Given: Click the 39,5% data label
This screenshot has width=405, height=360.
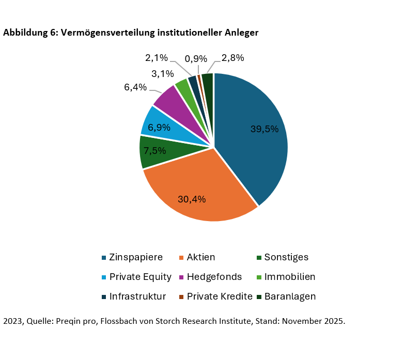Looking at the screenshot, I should click(x=264, y=129).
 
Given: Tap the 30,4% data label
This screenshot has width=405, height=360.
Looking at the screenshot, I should click(x=192, y=199).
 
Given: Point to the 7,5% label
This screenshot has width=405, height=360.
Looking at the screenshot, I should click(x=155, y=151).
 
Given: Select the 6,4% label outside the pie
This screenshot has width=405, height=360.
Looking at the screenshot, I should click(x=135, y=87).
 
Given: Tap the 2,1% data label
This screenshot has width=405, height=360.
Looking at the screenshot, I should click(x=157, y=58).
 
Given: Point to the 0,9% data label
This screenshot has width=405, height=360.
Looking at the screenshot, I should click(x=196, y=58).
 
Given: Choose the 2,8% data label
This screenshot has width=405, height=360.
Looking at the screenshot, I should click(x=232, y=58).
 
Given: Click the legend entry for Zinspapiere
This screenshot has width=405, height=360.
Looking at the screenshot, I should click(x=132, y=257).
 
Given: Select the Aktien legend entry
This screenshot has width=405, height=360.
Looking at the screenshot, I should click(x=197, y=257).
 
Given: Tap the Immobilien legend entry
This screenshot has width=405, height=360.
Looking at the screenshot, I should click(x=285, y=277).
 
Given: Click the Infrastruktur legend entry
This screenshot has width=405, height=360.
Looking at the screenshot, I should click(x=133, y=296).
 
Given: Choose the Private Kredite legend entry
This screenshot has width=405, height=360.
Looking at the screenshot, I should click(x=215, y=296).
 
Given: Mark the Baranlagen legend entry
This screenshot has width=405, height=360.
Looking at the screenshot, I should click(x=286, y=296).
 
